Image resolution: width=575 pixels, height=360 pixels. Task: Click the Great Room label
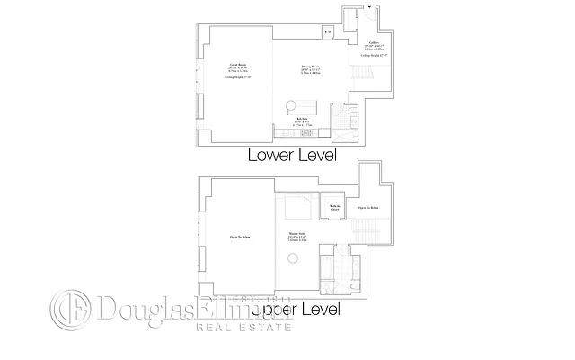click(239, 68)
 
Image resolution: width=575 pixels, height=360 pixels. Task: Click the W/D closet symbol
click(328, 33)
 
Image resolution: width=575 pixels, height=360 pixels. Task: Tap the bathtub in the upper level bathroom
click(326, 271)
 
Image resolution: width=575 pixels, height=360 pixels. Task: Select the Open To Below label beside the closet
click(367, 207)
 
